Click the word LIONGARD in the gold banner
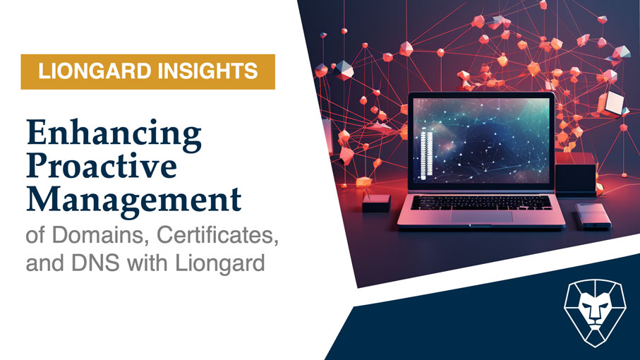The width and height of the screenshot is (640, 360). (x=95, y=71)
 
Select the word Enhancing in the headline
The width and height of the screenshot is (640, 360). (x=114, y=134)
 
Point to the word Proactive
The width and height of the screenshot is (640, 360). (x=102, y=166)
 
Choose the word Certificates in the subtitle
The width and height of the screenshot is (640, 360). (x=217, y=234)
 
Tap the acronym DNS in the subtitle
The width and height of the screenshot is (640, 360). (x=95, y=263)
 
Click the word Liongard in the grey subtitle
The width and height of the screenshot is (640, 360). (x=220, y=263)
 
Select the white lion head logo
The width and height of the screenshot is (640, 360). (x=595, y=313)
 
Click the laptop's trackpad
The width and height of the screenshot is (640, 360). (x=482, y=216)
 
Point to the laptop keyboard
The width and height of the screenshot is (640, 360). (x=481, y=203)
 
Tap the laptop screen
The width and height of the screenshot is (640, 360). (x=481, y=140)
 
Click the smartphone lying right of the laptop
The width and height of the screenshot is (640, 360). (x=593, y=215)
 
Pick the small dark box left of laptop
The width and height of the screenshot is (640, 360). (x=376, y=203)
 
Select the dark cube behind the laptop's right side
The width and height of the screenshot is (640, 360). (x=576, y=174)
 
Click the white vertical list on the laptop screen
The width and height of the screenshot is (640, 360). (x=425, y=155)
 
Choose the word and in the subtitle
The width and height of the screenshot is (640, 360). (x=45, y=263)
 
